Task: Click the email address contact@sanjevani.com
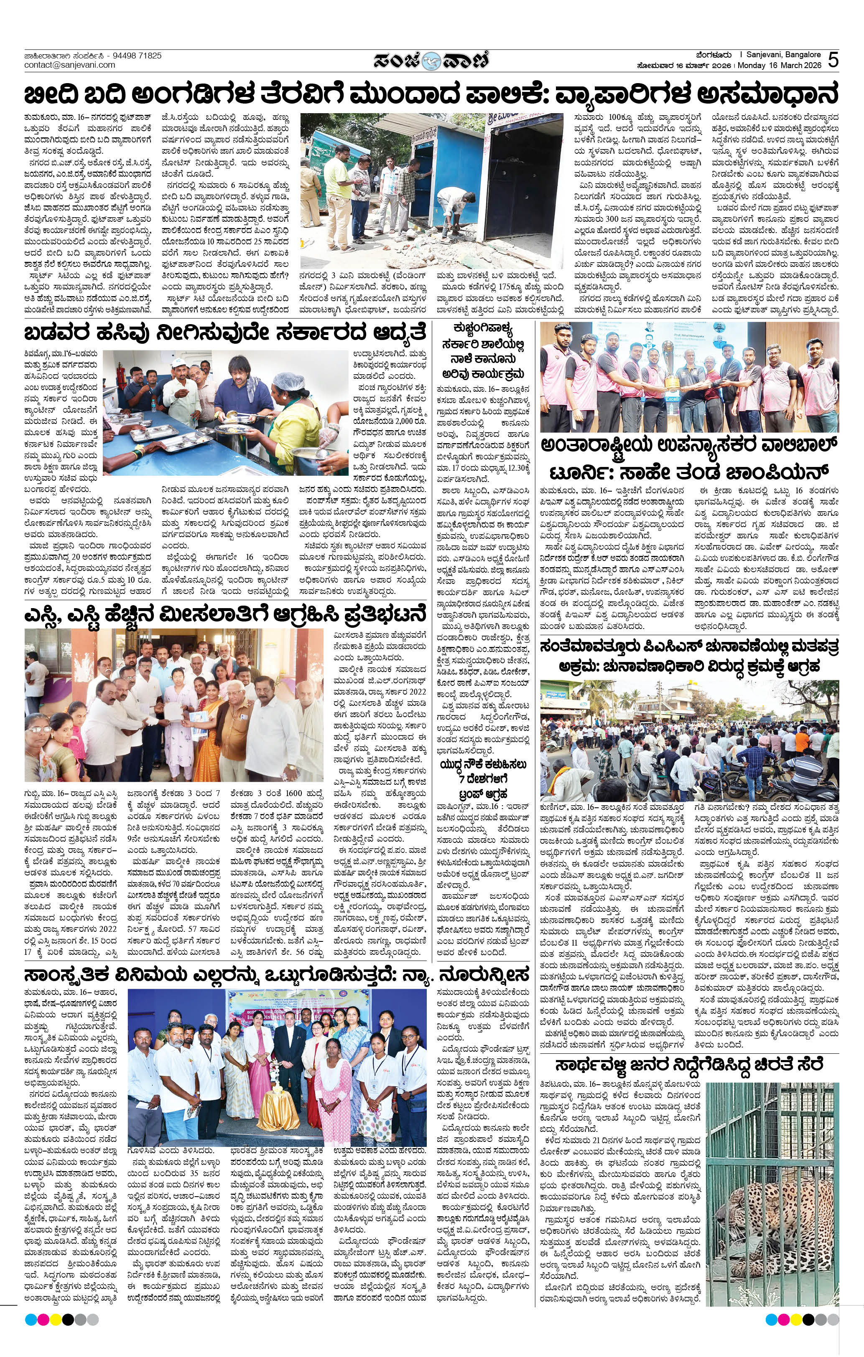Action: click(69, 65)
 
